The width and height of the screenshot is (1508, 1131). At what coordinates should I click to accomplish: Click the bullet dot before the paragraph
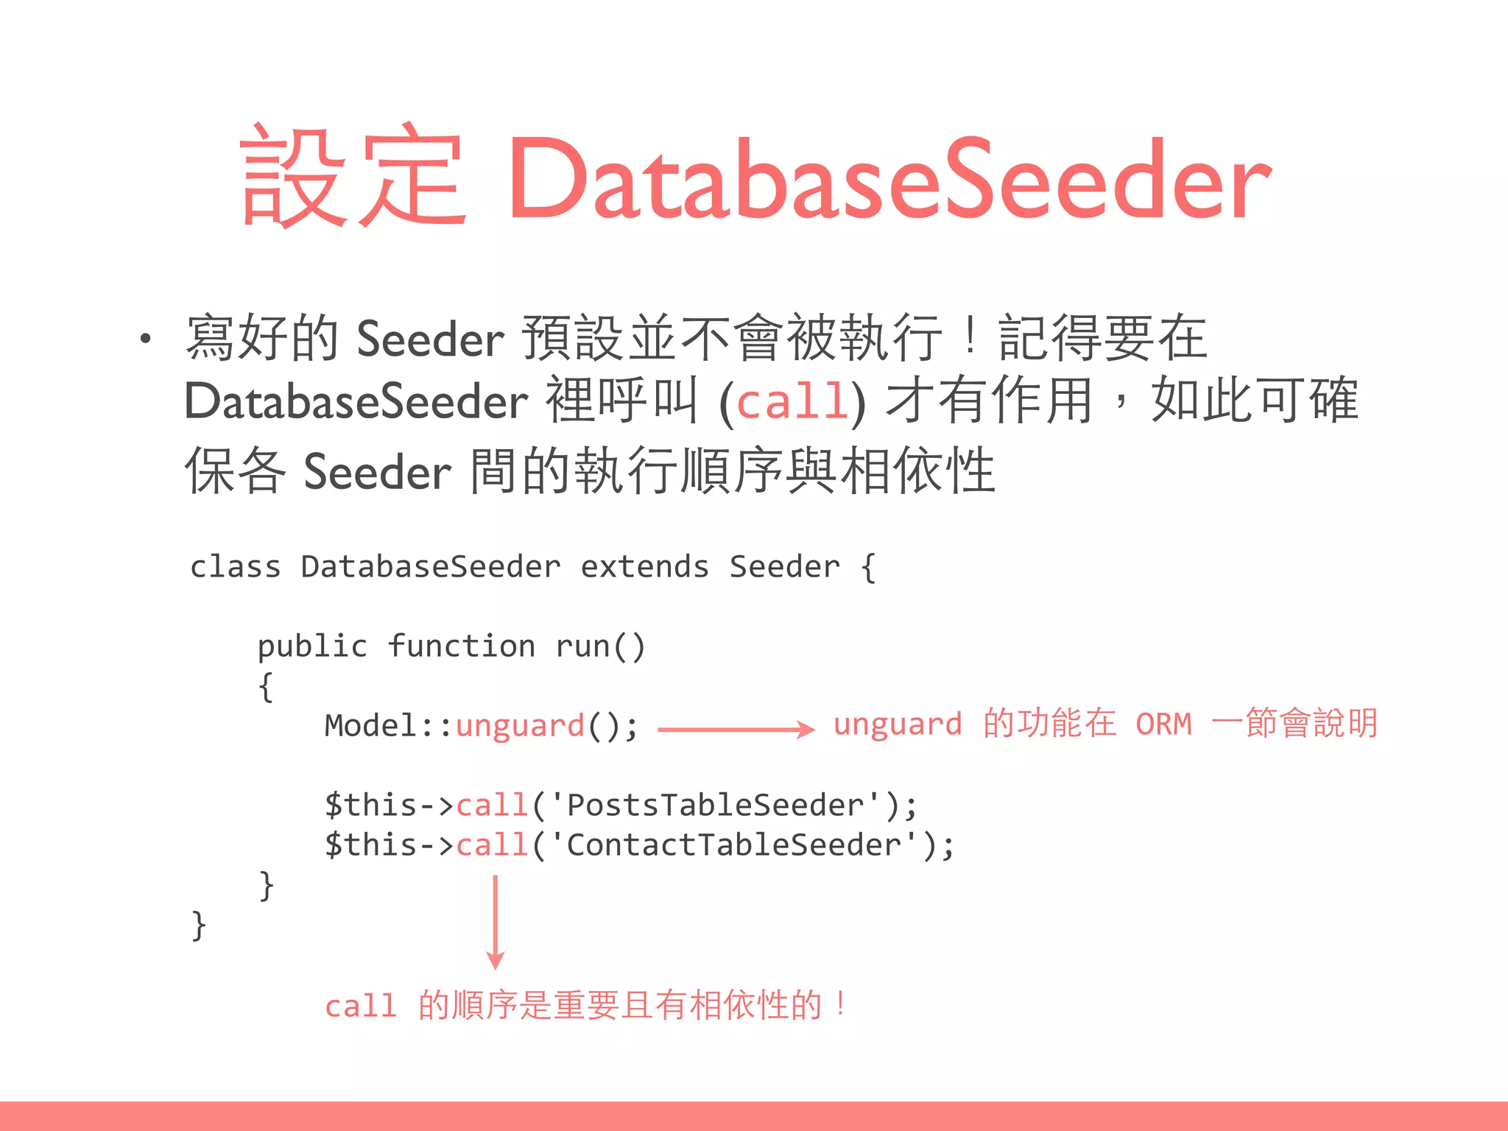tap(146, 339)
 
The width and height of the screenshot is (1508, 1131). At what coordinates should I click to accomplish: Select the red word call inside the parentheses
tap(792, 402)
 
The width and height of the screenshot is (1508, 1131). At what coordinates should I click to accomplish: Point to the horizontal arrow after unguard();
tap(736, 729)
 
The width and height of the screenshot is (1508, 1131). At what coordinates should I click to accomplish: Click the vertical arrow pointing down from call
tap(496, 920)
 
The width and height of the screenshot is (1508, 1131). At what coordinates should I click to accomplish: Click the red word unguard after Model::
tap(520, 726)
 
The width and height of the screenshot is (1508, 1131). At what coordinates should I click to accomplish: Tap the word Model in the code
tap(370, 726)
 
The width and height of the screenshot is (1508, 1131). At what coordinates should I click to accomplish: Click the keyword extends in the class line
tap(644, 567)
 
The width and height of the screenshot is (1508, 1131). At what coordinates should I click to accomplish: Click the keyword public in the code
tap(312, 646)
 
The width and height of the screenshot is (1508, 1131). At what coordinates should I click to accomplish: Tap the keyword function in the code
tap(462, 646)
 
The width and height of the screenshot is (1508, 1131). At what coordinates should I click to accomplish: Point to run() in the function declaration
tap(600, 646)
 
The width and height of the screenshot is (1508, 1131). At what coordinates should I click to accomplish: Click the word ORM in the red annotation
tap(1163, 725)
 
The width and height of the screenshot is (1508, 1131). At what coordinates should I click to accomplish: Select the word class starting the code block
tap(236, 567)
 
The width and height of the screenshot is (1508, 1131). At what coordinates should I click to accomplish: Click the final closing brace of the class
tap(198, 925)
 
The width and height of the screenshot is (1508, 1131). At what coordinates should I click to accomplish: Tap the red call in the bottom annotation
tap(361, 1006)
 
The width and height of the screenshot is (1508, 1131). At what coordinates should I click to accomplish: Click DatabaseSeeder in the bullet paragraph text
tap(356, 402)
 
